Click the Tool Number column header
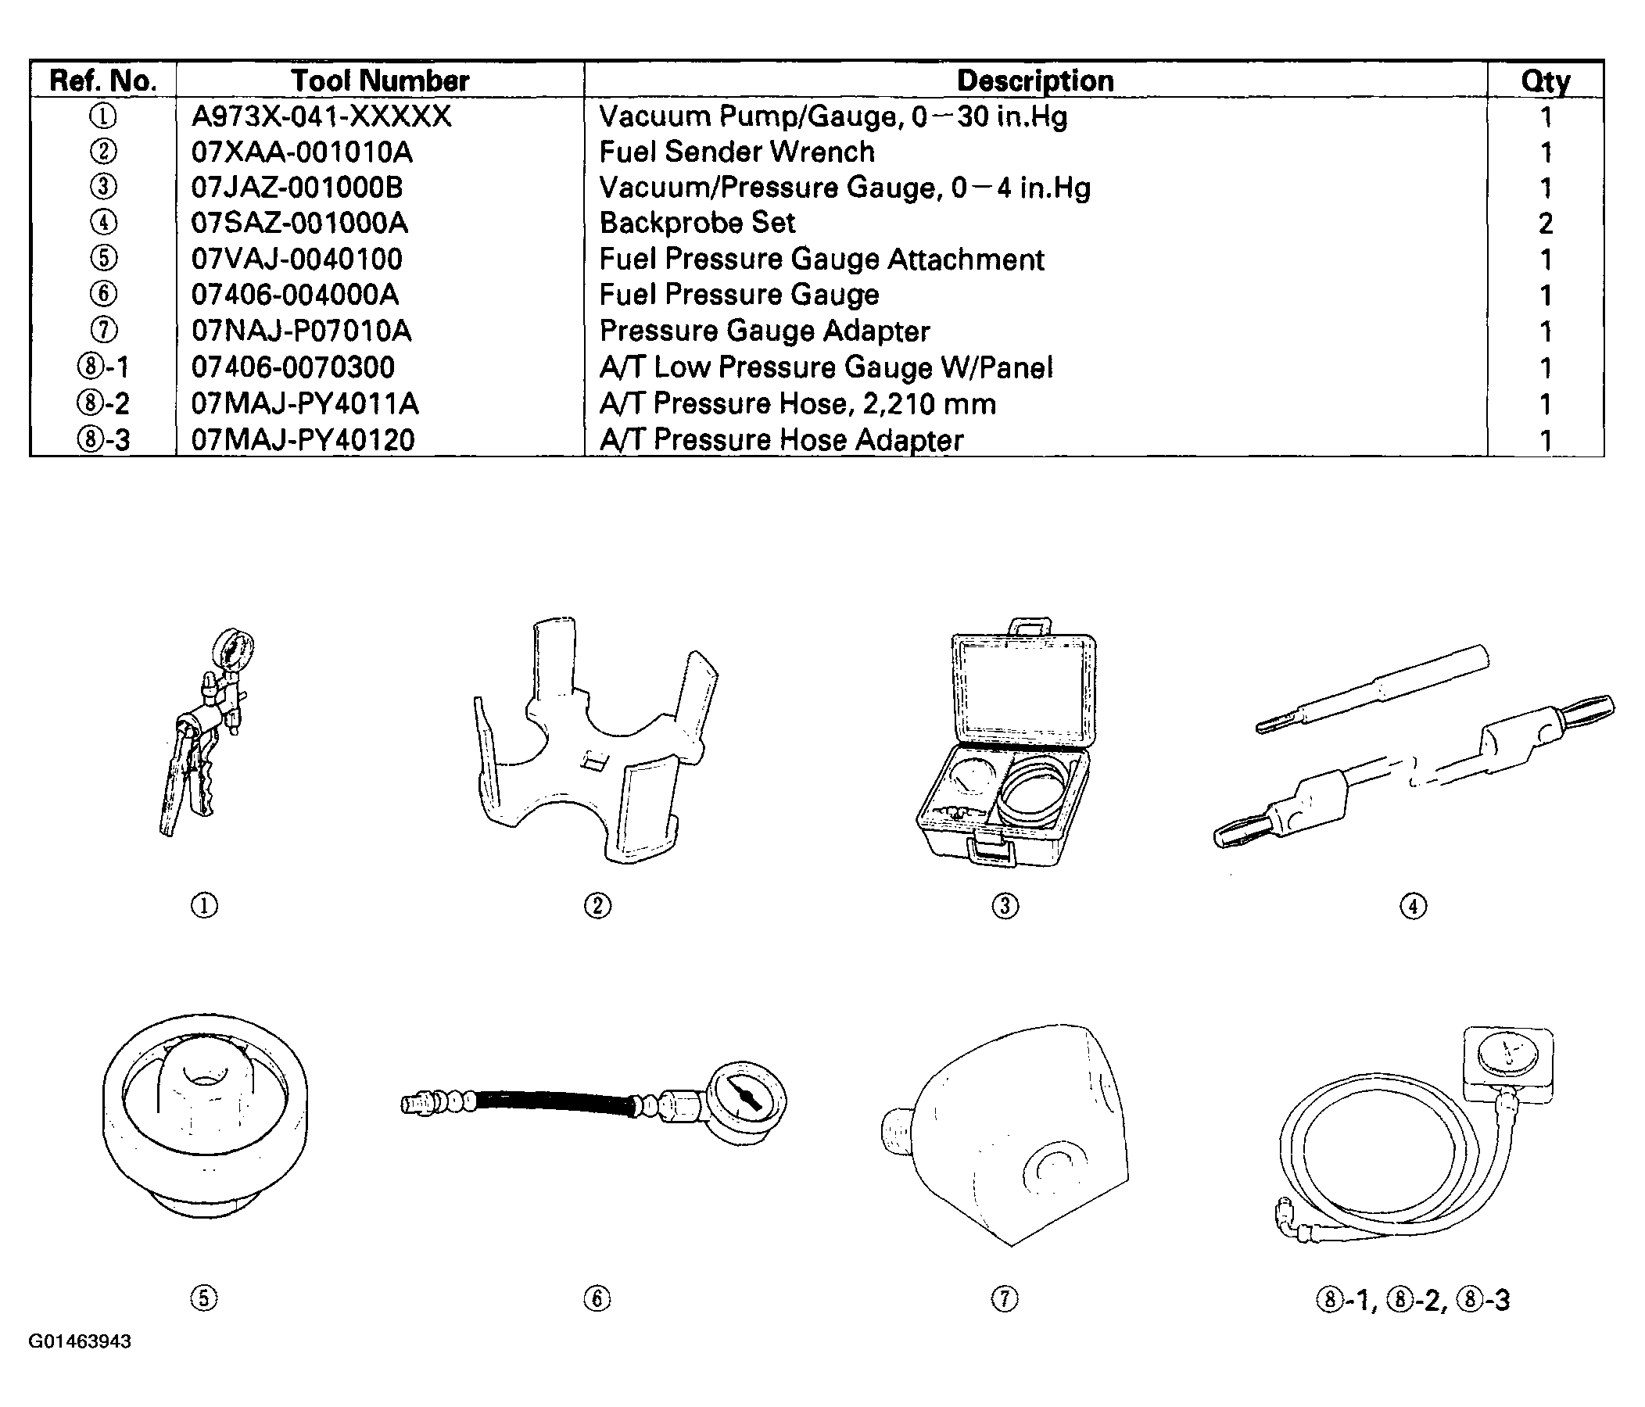click(379, 81)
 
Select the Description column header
click(1034, 81)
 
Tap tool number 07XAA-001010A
click(302, 152)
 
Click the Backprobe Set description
click(697, 223)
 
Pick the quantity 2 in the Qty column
click(1545, 224)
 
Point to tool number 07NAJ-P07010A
click(302, 331)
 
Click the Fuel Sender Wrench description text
click(736, 152)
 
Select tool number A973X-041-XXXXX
click(321, 116)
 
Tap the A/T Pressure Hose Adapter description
click(781, 440)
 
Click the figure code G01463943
click(81, 1341)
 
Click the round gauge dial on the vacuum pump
click(235, 649)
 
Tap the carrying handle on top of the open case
click(1030, 626)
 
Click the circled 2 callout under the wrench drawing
click(597, 905)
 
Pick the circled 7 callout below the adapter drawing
click(1005, 1299)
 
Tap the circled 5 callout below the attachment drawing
click(204, 1298)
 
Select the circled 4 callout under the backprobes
click(1413, 905)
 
